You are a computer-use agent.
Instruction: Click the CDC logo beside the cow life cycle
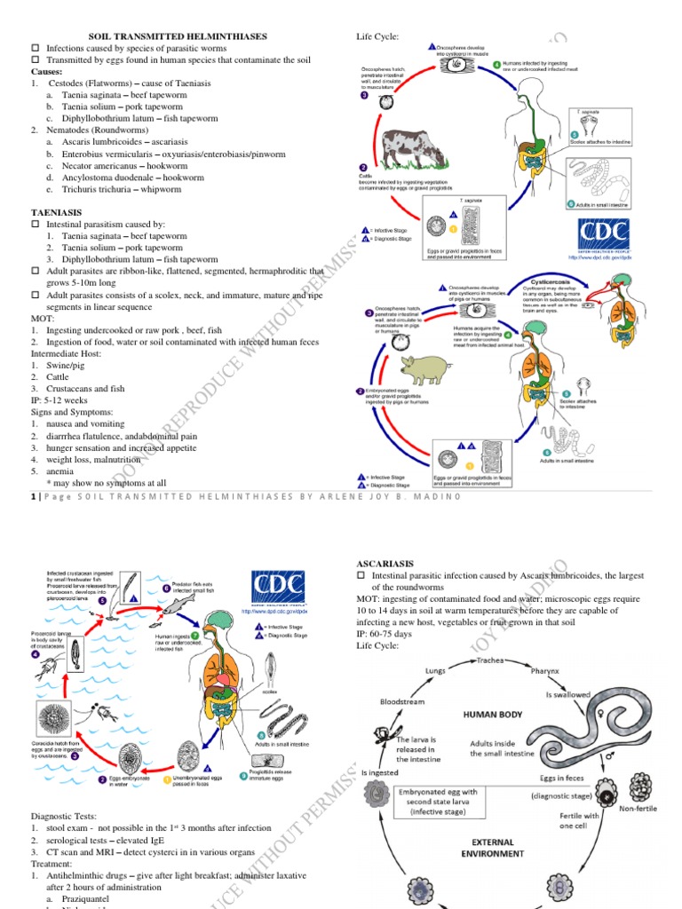[x=604, y=237]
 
